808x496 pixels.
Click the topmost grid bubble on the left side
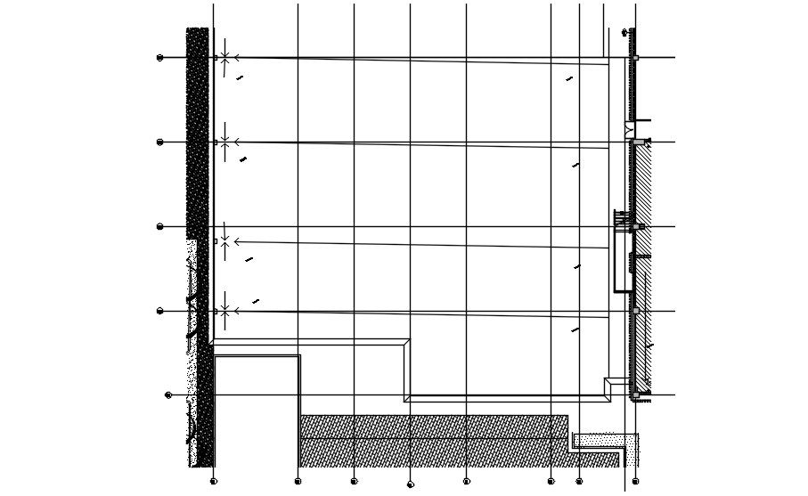coord(160,58)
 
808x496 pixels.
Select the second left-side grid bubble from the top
coord(160,142)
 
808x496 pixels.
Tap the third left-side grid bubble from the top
coord(160,226)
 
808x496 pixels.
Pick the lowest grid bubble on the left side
coord(168,394)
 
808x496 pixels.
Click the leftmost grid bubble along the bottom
coord(213,482)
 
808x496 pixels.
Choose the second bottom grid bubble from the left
coord(298,482)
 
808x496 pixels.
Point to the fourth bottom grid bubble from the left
coord(410,484)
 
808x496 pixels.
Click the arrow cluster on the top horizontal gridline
coord(225,58)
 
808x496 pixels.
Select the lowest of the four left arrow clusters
coord(225,311)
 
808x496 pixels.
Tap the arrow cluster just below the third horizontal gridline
coord(225,241)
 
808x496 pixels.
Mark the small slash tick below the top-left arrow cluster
coord(240,78)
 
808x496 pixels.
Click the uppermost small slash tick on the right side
coord(569,79)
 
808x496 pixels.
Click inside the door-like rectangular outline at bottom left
coord(257,410)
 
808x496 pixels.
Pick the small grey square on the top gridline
coord(635,58)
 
